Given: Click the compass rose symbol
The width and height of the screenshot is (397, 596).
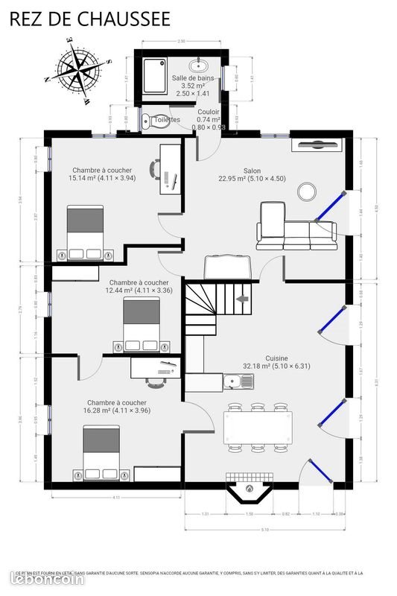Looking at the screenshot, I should pos(77,69).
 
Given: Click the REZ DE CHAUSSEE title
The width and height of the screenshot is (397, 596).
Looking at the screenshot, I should pos(89,18).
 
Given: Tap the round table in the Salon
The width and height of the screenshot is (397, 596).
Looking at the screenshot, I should pos(307,191).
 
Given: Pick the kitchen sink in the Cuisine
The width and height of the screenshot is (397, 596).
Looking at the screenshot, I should pos(240,382).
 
